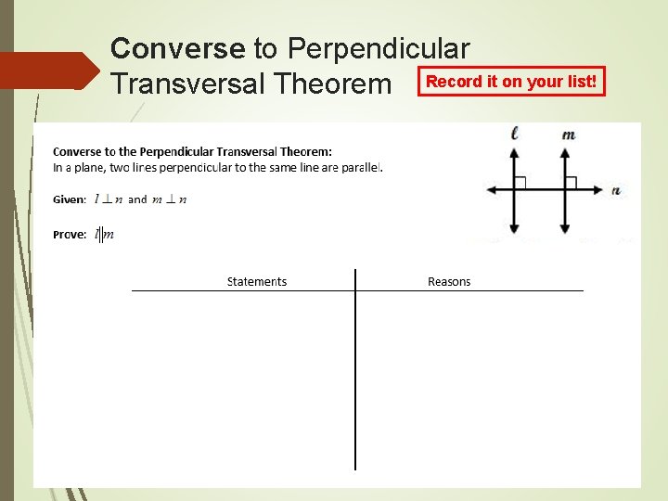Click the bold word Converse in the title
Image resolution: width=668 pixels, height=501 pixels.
[x=177, y=47]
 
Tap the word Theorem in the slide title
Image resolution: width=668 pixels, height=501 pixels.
[x=333, y=84]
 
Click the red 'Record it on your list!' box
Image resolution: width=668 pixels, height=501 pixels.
[x=511, y=82]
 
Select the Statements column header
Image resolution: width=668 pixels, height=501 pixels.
[x=257, y=282]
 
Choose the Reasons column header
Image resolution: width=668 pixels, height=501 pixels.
[x=449, y=282]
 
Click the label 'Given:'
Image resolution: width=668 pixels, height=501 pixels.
[x=70, y=199]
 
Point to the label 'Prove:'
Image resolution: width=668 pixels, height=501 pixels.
[x=70, y=235]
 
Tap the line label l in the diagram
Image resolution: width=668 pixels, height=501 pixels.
[x=515, y=134]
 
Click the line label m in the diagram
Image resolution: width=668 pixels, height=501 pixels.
[x=568, y=135]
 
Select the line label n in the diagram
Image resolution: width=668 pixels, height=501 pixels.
[x=616, y=191]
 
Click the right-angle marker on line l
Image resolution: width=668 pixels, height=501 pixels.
[x=520, y=182]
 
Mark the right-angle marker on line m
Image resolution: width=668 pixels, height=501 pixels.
[x=572, y=182]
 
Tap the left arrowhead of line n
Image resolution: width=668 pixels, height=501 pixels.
[x=492, y=189]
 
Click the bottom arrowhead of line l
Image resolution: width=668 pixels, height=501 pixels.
[x=515, y=228]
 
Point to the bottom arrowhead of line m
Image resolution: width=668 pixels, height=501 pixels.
[x=565, y=228]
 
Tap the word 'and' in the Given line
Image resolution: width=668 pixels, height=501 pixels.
[x=137, y=199]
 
